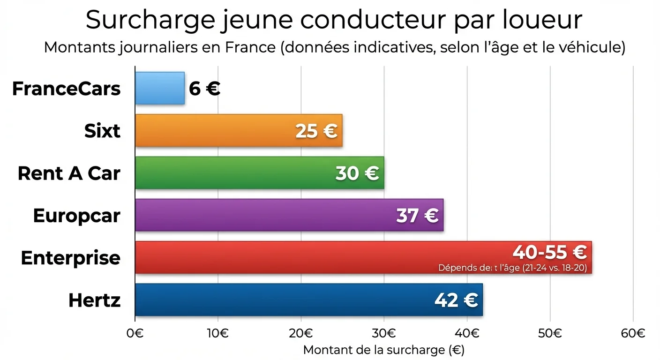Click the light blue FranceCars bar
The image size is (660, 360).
point(159,88)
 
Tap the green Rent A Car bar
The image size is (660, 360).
point(234,173)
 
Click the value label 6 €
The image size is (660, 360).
point(205,89)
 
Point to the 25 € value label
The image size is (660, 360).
point(316,131)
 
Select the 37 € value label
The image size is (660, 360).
point(417,216)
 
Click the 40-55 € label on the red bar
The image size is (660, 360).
point(549,252)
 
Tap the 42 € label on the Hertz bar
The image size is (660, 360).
point(456,300)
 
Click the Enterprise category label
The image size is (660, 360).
point(71,258)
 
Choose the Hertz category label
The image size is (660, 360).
point(94,300)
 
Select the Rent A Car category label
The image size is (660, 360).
point(69,173)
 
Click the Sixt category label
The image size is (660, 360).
point(102,131)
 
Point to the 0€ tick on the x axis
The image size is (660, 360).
point(135,333)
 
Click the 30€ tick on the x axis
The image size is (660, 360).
point(384,333)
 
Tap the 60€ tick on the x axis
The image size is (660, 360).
point(633,333)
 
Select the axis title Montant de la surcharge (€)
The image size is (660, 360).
point(383,350)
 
